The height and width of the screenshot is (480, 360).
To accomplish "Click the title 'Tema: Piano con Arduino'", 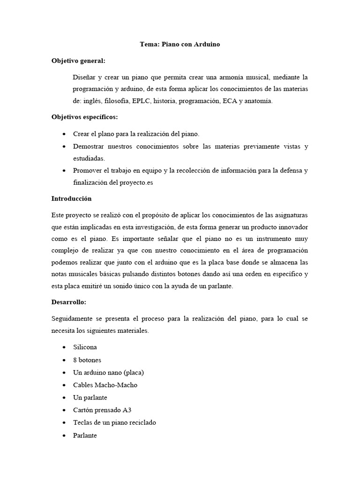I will (180, 45).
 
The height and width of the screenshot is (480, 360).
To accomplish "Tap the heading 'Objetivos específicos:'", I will (84, 116).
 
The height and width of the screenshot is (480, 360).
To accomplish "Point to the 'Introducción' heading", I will (71, 198).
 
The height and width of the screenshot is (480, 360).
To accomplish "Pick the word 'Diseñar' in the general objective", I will (84, 76).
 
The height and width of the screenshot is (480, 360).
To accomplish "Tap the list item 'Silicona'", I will (85, 347).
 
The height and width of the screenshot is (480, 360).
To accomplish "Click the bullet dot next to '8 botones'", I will (63, 360).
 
